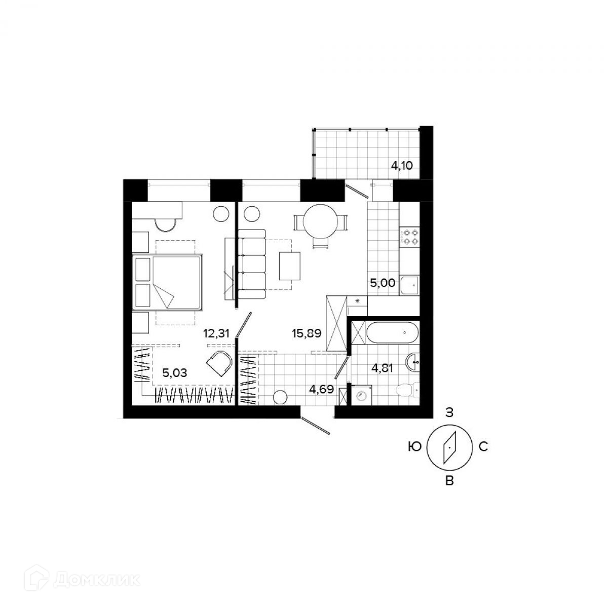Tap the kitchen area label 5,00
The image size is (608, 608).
point(383,283)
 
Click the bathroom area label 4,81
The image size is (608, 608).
point(383,368)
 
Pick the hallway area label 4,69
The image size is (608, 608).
point(321,390)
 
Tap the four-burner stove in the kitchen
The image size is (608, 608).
point(410,237)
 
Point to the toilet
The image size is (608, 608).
point(406,390)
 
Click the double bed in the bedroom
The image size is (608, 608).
point(167,282)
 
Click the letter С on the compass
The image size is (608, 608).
point(483,447)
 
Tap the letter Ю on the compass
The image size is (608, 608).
point(414,447)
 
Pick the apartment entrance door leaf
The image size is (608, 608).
point(315,425)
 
